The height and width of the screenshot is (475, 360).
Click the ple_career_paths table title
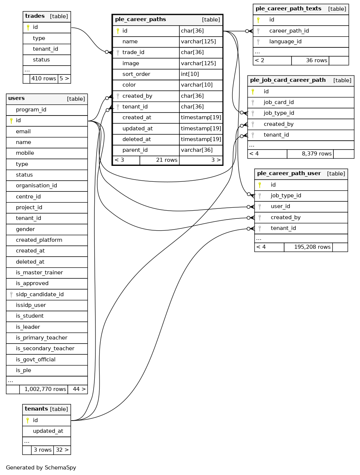coord(141,20)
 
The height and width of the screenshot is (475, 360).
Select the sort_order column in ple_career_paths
coord(136,74)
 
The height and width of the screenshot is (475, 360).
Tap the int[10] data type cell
coord(190,74)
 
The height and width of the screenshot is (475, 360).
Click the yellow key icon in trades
coord(28,27)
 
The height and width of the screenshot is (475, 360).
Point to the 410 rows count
coord(44,78)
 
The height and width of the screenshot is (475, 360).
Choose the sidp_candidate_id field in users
coord(40,294)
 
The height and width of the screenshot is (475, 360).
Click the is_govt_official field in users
coord(36,359)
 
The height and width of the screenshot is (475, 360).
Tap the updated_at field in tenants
coord(48,431)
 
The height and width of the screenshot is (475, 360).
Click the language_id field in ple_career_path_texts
coord(285,41)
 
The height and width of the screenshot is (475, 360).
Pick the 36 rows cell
coord(316,60)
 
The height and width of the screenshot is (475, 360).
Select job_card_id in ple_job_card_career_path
coord(279,102)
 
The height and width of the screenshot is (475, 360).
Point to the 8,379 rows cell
coord(316,154)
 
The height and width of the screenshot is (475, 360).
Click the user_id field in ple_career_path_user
coord(280,206)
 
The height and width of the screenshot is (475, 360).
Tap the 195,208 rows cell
coord(312,247)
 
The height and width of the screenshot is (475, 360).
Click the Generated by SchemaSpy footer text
coord(41,468)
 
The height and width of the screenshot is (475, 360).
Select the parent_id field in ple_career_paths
coord(135,150)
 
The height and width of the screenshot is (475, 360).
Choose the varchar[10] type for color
coord(196,85)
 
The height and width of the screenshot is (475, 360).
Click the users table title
coord(17,98)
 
